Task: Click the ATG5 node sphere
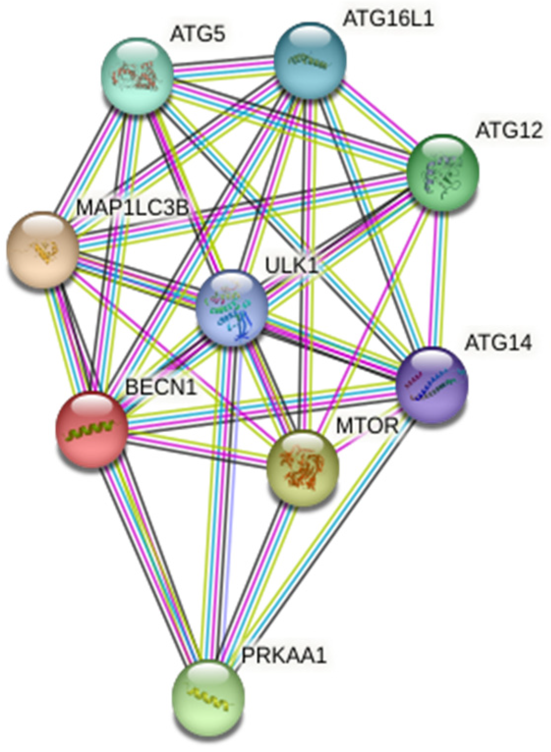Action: click(137, 76)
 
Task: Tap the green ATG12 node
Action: click(442, 171)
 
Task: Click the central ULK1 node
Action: click(231, 308)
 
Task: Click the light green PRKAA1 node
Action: click(208, 697)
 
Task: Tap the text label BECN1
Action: click(161, 387)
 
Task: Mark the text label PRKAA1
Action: click(284, 656)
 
